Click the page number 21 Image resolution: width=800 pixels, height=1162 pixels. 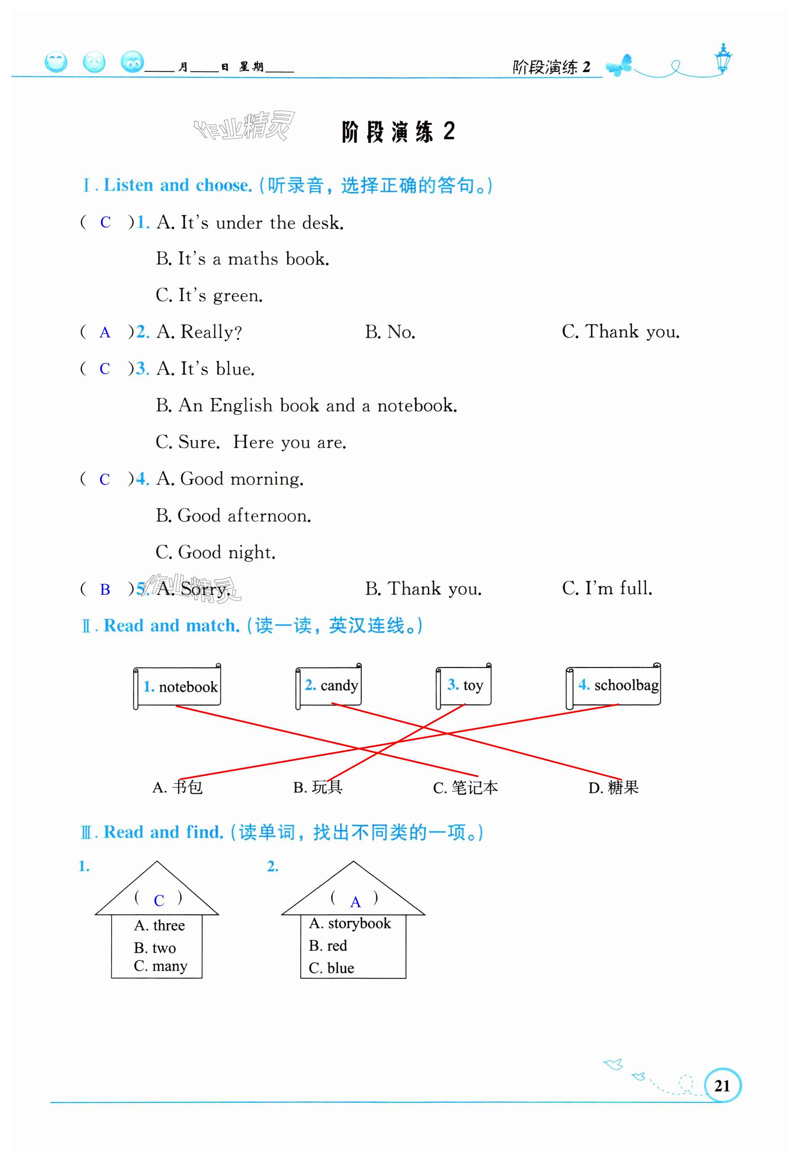(x=722, y=1085)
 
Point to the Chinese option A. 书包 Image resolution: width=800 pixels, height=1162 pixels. (x=178, y=787)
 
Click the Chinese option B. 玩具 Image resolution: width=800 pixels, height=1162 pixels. (x=318, y=787)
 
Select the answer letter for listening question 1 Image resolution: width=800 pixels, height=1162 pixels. (x=105, y=222)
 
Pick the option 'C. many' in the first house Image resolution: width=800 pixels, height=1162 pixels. (x=161, y=965)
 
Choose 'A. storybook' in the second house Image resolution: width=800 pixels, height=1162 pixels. (x=350, y=923)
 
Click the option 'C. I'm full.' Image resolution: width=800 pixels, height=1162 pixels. (x=607, y=588)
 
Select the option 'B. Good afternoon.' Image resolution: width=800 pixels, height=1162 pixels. (x=233, y=515)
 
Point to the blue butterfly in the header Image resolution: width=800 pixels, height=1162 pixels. (x=619, y=65)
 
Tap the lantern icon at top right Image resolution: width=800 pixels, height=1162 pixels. (x=723, y=58)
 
